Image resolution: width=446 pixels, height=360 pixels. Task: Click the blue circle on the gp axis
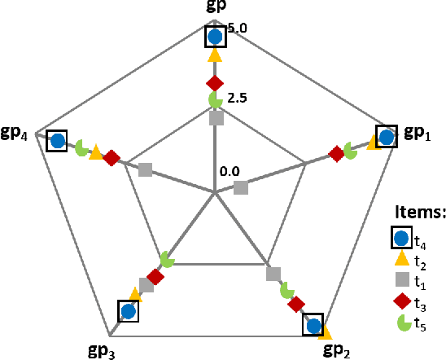[215, 37]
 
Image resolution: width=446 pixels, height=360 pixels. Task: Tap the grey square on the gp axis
[216, 119]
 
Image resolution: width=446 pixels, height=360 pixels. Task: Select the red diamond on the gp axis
[215, 83]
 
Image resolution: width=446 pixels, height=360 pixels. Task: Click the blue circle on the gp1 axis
[387, 138]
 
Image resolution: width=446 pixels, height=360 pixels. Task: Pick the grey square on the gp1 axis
[241, 188]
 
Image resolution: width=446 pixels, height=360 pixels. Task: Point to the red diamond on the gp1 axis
[336, 153]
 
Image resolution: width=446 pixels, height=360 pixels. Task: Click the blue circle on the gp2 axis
[313, 326]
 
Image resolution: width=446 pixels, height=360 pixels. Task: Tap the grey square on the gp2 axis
[273, 274]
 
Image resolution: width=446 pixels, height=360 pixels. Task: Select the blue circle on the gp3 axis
[127, 311]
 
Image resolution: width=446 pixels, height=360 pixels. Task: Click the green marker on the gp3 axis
[167, 259]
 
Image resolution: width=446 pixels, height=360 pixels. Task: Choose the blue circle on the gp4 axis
[57, 141]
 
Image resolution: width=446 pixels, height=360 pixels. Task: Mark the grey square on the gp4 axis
[145, 169]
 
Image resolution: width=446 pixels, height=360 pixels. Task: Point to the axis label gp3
[101, 351]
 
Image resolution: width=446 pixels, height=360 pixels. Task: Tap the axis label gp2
[337, 350]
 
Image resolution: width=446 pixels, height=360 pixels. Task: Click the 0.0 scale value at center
[230, 171]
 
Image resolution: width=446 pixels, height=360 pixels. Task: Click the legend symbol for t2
[401, 260]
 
